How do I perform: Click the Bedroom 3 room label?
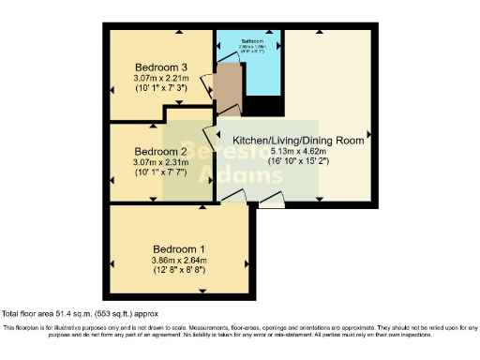(160, 67)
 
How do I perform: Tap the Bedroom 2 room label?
(160, 151)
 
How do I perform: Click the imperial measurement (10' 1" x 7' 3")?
(160, 90)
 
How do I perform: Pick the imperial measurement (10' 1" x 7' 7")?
(160, 173)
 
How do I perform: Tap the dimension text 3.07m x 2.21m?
(160, 79)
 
